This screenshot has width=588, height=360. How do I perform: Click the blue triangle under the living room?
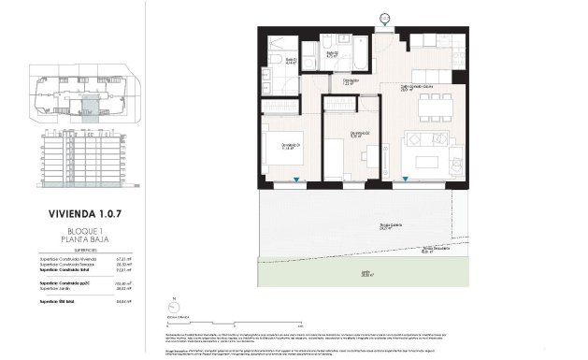404,179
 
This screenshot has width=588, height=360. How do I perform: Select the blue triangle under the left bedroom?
295,180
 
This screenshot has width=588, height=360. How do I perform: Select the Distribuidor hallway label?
351,82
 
